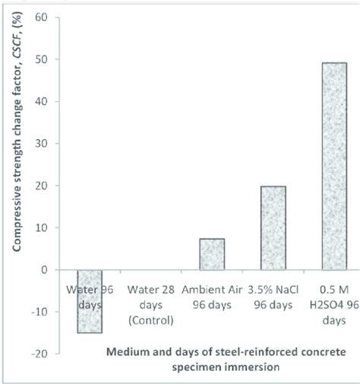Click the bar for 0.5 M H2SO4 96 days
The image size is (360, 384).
pos(333,166)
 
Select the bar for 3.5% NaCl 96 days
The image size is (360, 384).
pos(273,227)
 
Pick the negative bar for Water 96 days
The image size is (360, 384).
pos(90,301)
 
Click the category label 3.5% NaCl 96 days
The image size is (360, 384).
pos(273,297)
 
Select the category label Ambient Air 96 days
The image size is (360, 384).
pos(212,297)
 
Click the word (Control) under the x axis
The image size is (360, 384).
pos(151,322)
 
